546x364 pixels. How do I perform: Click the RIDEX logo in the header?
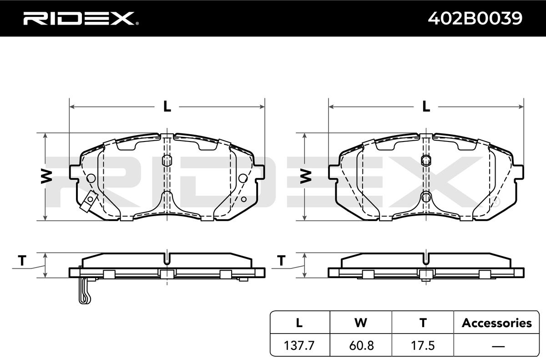(81, 19)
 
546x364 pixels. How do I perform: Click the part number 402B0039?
(475, 18)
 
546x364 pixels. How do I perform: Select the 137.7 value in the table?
(299, 346)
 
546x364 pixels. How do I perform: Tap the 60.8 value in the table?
(361, 346)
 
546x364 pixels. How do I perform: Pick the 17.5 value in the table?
(423, 346)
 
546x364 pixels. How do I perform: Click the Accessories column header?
(496, 323)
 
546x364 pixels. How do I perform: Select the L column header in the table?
(299, 323)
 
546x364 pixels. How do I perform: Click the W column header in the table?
(361, 323)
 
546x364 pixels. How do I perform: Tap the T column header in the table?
(423, 323)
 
